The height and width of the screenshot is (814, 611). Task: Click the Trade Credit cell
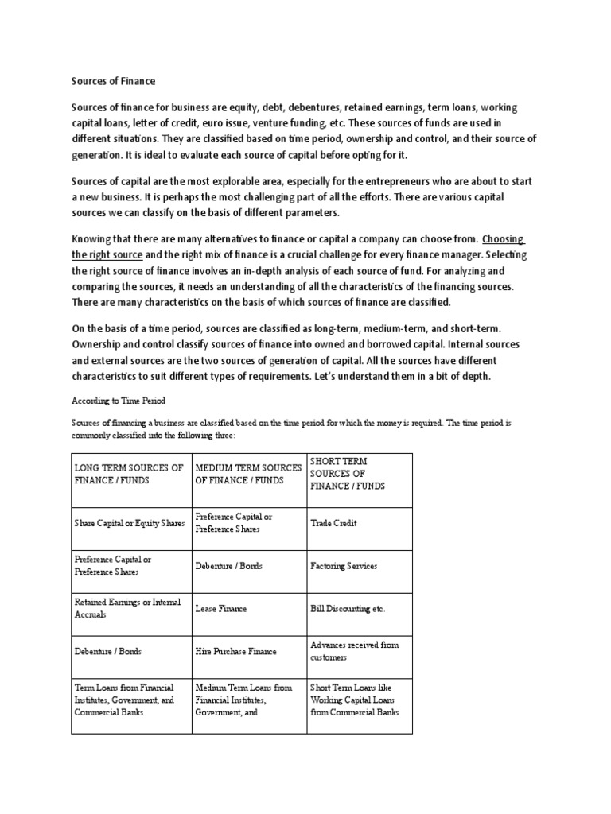click(x=333, y=523)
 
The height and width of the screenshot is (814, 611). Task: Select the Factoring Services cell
click(x=344, y=566)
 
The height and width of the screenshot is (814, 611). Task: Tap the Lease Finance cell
click(x=221, y=609)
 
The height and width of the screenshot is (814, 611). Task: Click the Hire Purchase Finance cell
click(x=235, y=652)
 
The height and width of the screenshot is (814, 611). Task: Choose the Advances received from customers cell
click(x=354, y=652)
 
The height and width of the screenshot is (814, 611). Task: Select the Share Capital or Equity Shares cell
click(x=129, y=523)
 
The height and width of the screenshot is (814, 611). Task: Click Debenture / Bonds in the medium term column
click(x=228, y=566)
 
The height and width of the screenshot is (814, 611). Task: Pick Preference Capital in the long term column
click(x=112, y=565)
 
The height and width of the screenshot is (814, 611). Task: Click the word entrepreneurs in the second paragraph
click(x=404, y=180)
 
